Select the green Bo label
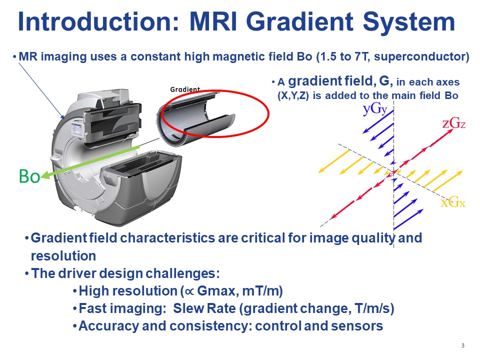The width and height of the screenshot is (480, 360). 29,176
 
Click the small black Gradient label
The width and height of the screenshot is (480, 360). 185,89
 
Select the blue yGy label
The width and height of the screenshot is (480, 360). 375,109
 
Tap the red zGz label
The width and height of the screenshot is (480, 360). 453,123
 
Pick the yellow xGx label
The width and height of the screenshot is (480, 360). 453,202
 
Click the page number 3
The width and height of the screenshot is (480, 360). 463,345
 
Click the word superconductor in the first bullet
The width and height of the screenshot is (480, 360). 420,57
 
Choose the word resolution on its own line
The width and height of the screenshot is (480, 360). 63,256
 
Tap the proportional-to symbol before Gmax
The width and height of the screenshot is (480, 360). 189,291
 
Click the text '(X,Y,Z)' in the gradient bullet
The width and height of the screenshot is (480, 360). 293,96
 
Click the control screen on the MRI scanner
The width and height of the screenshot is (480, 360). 76,130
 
